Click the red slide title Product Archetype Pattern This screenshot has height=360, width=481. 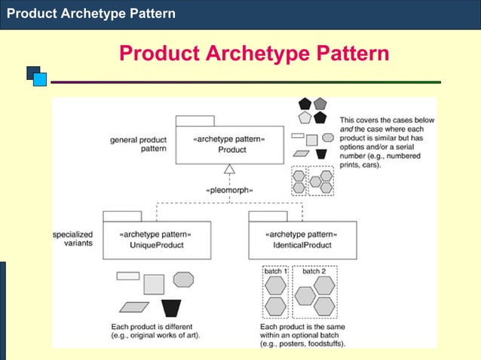pos(254,53)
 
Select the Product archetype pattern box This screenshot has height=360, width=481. pos(231,145)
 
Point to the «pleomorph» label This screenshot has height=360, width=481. pos(230,189)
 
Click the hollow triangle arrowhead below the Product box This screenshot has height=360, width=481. pos(230,170)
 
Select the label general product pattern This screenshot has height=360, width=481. pos(139,144)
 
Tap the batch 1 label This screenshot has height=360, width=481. pos(276,271)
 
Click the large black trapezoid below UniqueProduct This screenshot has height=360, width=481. pos(171,308)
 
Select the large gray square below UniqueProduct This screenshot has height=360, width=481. pos(154,284)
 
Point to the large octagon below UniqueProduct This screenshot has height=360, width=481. pos(183,279)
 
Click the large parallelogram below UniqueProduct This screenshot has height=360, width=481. pos(135,307)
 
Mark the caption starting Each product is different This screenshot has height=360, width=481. pos(155,331)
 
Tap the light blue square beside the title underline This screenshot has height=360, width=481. pos(40,79)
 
